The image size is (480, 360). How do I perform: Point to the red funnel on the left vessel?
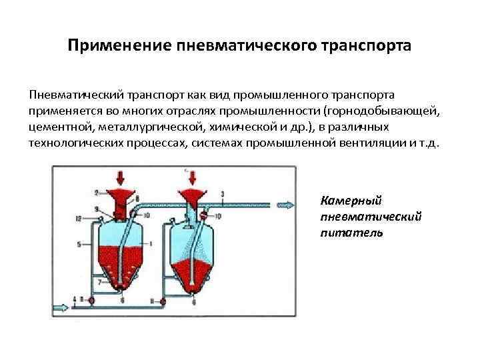[x=122, y=199]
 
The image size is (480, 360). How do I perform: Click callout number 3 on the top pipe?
[x=221, y=194]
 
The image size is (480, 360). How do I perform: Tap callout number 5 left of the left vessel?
[x=80, y=245]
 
